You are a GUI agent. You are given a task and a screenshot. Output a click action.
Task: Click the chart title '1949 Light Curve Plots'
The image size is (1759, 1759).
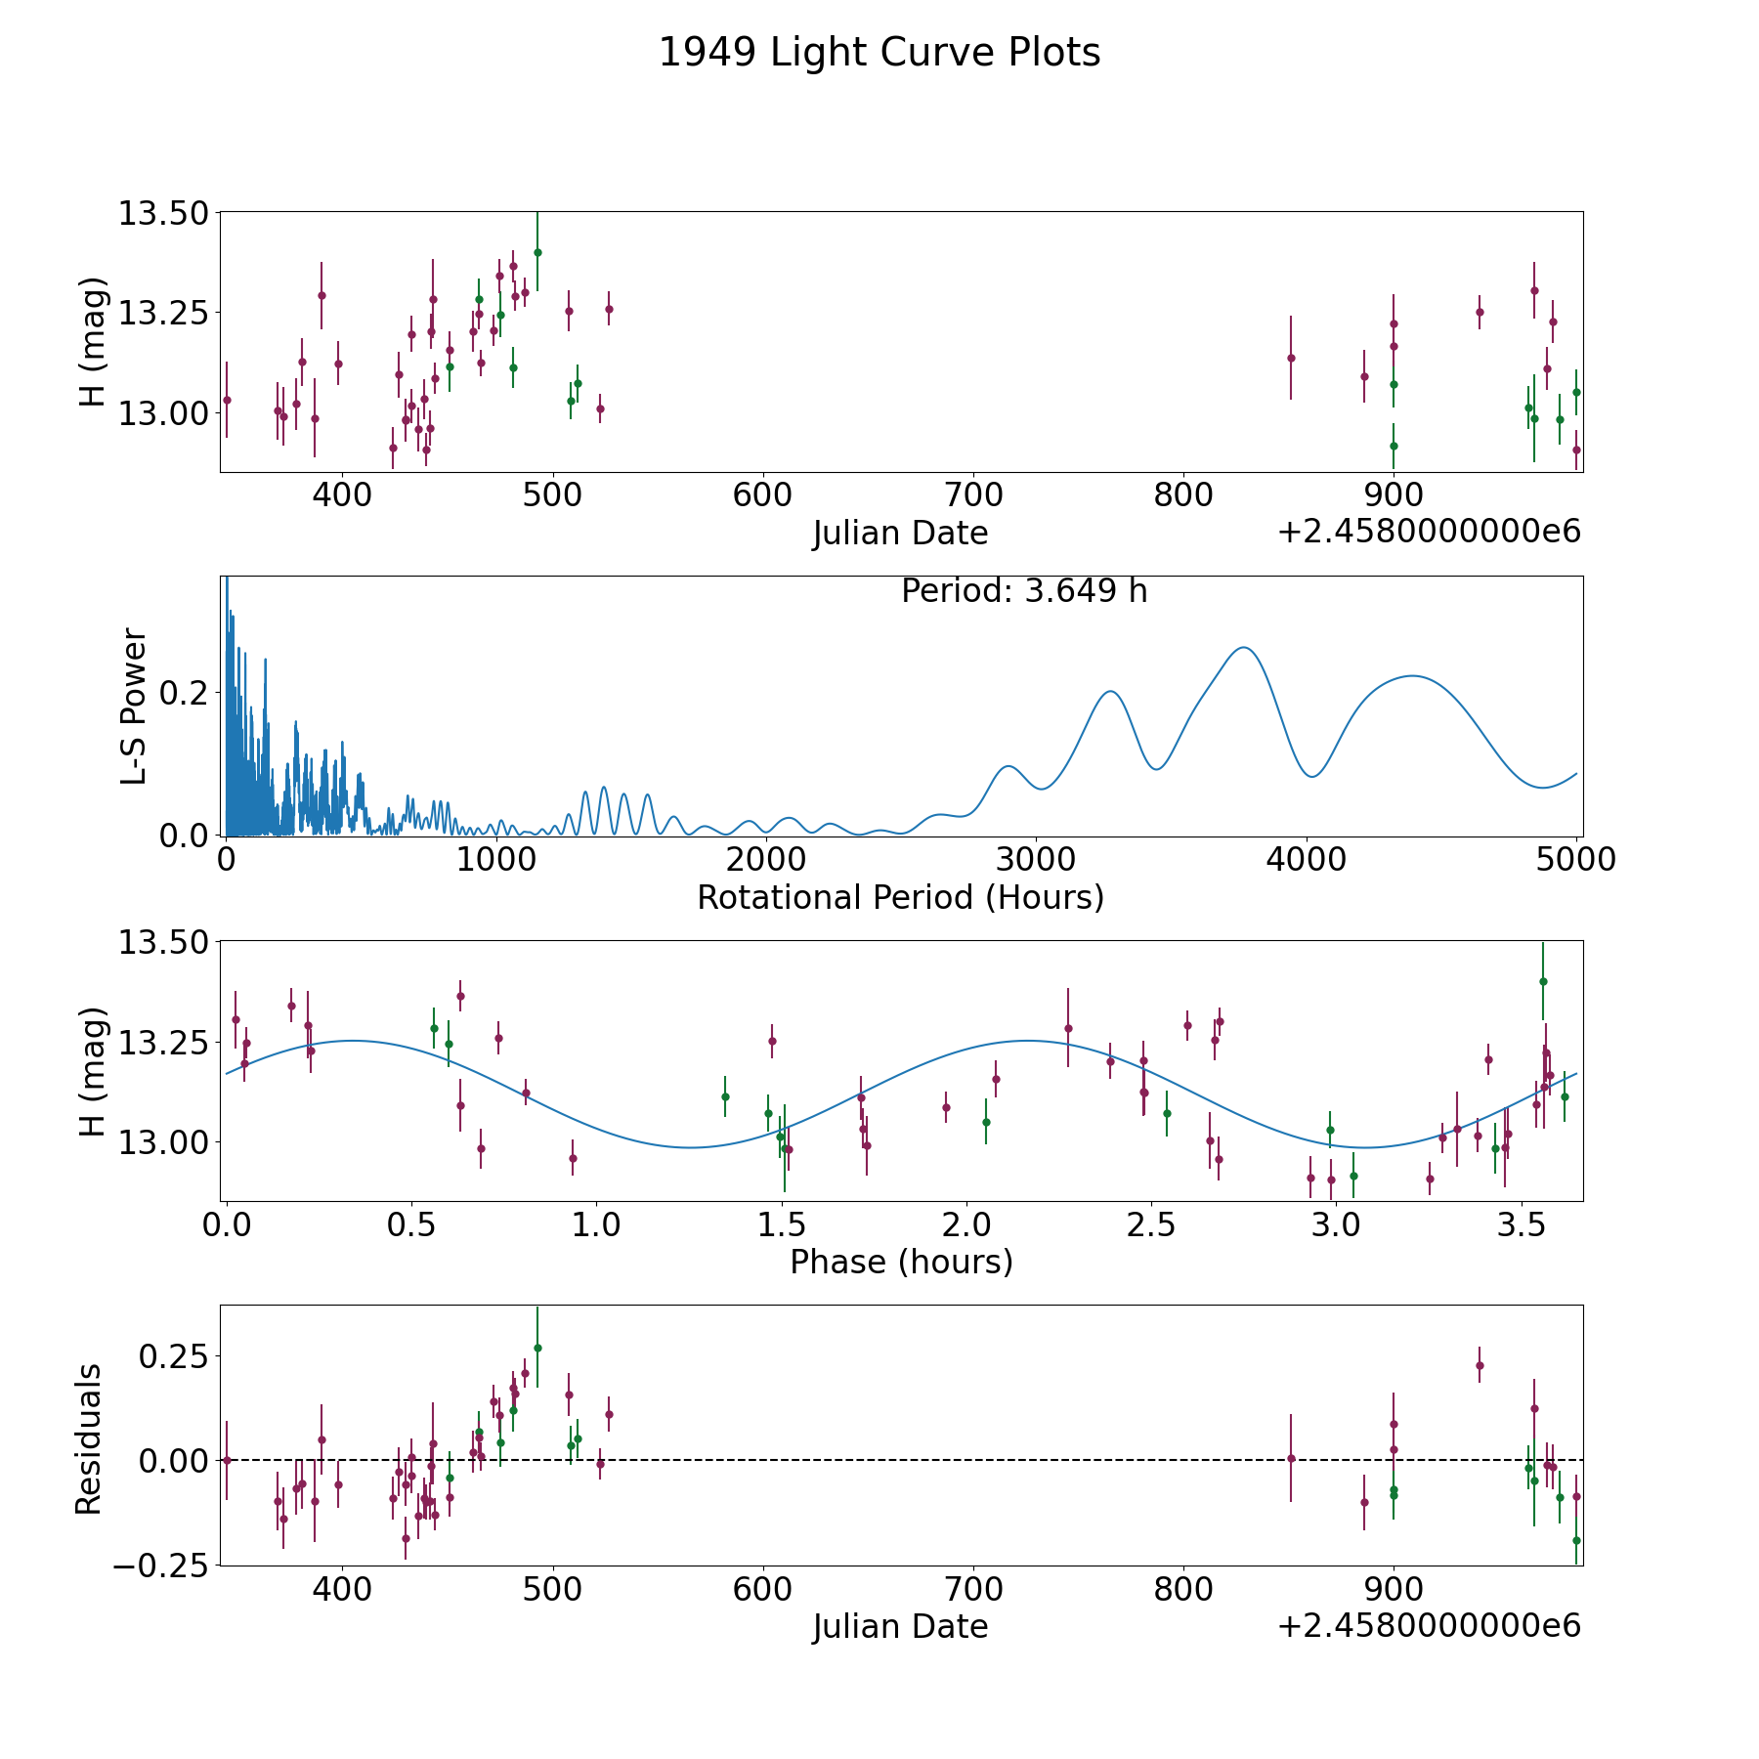[x=879, y=53]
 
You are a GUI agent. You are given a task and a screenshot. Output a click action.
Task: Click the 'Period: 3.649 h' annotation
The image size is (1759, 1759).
[x=1024, y=591]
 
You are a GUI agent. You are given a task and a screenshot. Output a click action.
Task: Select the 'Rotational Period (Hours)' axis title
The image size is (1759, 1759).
[x=900, y=897]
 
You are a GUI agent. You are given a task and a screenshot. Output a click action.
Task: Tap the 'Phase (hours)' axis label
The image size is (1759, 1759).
[x=901, y=1262]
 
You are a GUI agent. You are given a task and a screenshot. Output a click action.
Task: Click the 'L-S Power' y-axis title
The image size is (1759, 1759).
[x=134, y=706]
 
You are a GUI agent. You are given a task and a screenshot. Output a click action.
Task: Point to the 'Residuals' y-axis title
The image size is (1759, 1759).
[x=89, y=1438]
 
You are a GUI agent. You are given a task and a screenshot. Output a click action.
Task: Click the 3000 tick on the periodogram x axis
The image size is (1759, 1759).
[x=1035, y=860]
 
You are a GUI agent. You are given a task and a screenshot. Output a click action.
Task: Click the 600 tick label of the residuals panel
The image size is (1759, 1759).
[x=762, y=1590]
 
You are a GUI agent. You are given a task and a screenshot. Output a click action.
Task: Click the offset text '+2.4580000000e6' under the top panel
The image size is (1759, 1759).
[x=1429, y=532]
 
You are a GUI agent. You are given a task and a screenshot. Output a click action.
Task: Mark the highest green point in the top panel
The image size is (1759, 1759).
[x=537, y=252]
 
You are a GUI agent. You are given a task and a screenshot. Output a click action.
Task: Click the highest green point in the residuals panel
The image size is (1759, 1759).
[x=537, y=1348]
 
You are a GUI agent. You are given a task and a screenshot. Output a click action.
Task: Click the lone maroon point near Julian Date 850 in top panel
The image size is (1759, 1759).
[x=1291, y=358]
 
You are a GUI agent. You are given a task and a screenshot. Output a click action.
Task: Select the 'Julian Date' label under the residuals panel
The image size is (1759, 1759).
[x=900, y=1626]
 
